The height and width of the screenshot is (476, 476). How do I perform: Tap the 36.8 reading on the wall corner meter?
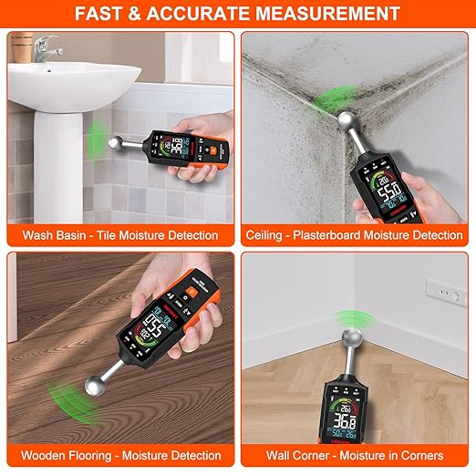click(x=343, y=421)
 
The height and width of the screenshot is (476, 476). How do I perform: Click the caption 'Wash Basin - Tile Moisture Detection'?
click(x=120, y=235)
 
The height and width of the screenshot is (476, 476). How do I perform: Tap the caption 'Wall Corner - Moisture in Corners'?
click(x=355, y=455)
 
